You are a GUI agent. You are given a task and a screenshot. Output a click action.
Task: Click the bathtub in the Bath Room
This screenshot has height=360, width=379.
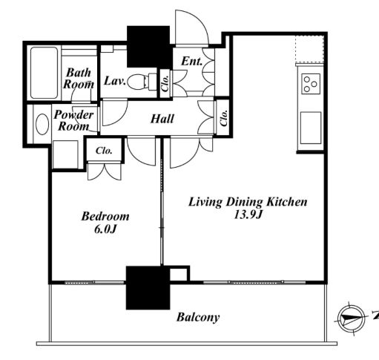pos(44,73)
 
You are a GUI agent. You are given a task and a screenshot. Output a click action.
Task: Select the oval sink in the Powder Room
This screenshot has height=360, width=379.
pos(42,124)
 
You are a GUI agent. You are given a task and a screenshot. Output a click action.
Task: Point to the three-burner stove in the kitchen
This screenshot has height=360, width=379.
pos(311,84)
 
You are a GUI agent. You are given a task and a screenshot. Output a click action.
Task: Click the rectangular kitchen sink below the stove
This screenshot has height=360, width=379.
pos(311,128)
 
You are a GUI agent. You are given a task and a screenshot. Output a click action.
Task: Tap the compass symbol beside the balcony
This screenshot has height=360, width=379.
pos(351,318)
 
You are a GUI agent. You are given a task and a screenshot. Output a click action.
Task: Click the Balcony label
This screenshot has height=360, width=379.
pos(198,318)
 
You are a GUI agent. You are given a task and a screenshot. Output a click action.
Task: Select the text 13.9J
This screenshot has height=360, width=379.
pos(248,215)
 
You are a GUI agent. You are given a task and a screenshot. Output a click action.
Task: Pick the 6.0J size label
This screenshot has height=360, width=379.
pos(105,229)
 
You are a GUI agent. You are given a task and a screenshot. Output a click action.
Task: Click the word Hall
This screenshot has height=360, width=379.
pos(162,119)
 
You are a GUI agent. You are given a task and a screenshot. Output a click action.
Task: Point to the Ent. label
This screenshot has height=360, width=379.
pos(192,62)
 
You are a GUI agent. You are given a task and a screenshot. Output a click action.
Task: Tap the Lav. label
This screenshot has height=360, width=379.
pos(115,81)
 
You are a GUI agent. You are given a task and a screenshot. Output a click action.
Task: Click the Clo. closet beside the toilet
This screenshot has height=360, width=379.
pos(165,83)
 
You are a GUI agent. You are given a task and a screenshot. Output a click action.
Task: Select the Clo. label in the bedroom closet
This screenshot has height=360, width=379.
pos(104,151)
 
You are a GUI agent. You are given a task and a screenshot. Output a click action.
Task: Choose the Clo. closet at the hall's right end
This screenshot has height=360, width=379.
pos(223,118)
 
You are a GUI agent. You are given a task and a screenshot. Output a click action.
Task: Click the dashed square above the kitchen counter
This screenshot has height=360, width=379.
pos(309,49)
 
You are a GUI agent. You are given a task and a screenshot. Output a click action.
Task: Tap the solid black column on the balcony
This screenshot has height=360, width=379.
pos(148,288)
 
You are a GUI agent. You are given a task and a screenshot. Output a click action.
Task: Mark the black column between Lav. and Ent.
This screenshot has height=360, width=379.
pos(148,47)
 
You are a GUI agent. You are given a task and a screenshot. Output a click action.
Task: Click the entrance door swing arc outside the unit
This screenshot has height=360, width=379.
pos(192,27)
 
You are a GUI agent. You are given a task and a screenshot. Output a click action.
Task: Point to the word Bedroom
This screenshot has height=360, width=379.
pos(105,216)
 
